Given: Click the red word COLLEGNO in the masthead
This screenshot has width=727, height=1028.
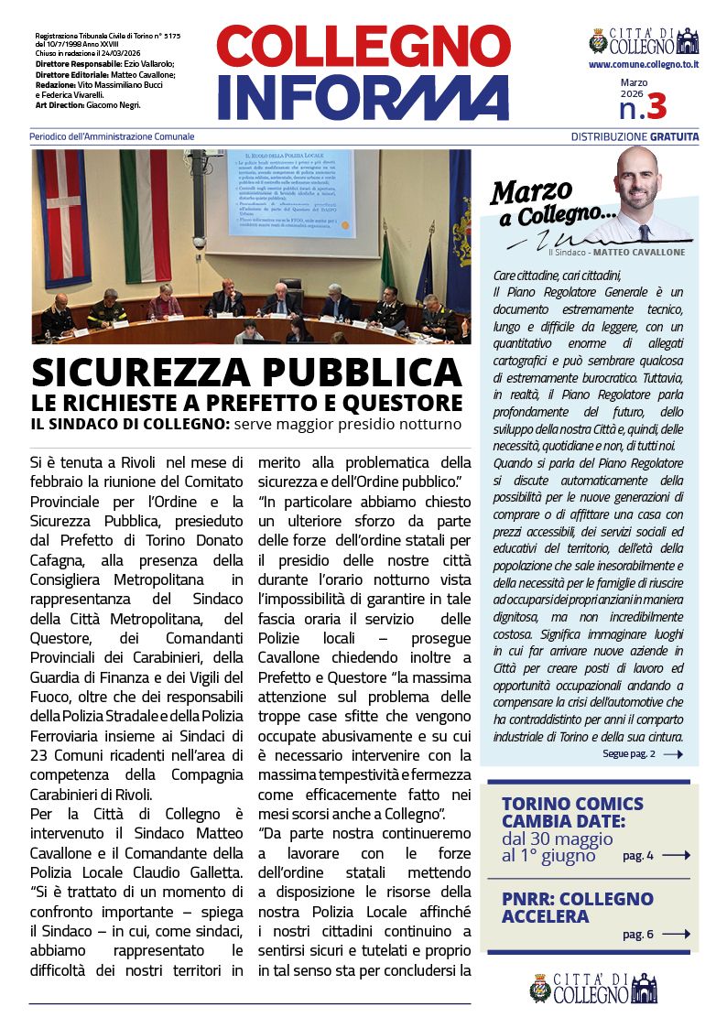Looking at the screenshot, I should click(x=363, y=47).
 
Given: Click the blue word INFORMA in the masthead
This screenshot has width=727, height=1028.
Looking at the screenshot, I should click(x=363, y=97).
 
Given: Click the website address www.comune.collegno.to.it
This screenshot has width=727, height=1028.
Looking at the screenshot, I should click(x=644, y=65).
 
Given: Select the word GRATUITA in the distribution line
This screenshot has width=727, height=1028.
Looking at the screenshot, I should click(x=675, y=136).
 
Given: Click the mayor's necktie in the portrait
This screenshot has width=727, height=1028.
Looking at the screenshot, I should click(x=644, y=232).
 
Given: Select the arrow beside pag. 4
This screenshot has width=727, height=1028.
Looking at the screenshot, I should click(x=676, y=855).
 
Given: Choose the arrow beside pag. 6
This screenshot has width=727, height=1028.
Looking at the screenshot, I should click(x=676, y=934).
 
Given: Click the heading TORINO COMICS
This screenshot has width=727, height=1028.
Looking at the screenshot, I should click(x=572, y=804).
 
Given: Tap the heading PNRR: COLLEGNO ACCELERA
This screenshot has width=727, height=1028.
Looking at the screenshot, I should click(x=577, y=907).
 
